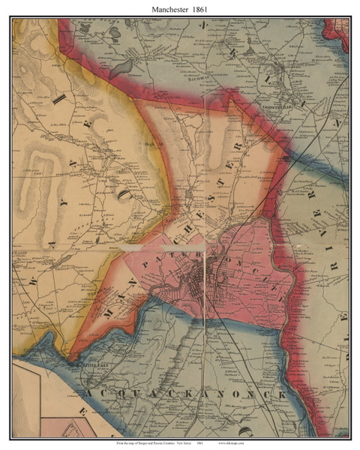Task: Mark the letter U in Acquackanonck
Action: coord(124,393)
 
